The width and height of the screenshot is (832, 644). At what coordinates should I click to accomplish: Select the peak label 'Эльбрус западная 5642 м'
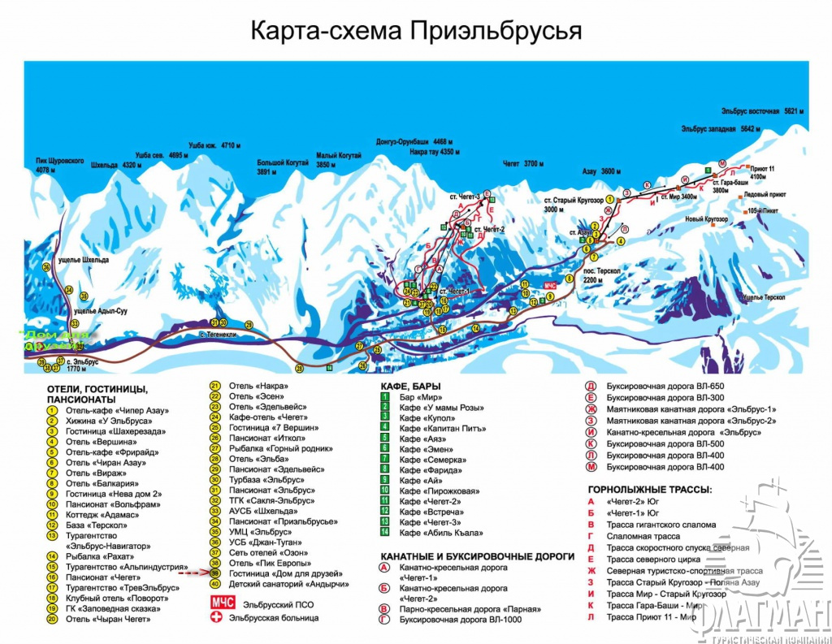click(721, 129)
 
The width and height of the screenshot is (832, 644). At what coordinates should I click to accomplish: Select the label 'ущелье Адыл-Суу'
click(101, 311)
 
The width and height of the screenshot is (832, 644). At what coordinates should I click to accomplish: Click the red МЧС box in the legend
click(222, 603)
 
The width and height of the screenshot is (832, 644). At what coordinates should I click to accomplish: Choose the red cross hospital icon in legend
click(215, 618)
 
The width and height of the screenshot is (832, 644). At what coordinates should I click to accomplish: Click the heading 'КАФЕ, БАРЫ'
click(410, 386)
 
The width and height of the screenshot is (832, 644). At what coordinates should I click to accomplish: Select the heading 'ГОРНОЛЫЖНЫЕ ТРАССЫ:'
click(649, 490)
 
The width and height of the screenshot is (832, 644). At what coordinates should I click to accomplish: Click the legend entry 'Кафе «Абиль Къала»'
click(440, 533)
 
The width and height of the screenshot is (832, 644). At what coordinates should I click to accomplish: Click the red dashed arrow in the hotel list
click(194, 573)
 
